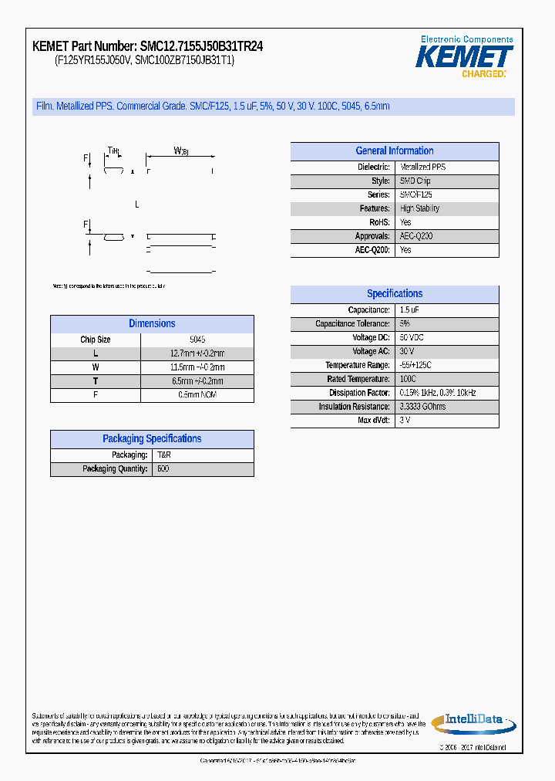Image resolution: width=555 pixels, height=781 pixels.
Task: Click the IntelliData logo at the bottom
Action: point(473,722)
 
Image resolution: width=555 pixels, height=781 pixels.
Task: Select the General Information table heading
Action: point(394,151)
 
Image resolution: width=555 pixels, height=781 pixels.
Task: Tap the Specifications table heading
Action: point(394,294)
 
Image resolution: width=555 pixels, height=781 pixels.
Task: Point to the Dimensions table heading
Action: point(152,324)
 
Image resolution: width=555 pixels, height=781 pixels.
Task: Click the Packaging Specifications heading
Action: point(152,439)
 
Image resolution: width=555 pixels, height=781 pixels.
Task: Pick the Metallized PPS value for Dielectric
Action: point(422,167)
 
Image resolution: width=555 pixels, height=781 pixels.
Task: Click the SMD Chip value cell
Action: point(415,181)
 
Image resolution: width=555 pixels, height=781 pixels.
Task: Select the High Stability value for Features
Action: point(421,208)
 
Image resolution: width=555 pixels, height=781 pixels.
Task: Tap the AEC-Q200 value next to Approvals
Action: point(416,236)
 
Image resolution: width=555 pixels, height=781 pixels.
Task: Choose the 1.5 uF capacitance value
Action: point(409,310)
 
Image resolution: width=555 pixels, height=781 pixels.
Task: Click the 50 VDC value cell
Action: point(412,338)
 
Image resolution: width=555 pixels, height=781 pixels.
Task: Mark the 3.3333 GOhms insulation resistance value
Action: point(422,407)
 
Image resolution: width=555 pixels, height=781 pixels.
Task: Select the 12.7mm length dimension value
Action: point(197,353)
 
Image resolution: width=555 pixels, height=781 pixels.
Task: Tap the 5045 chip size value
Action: point(197,340)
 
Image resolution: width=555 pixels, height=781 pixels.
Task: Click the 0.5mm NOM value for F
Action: point(197,395)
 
